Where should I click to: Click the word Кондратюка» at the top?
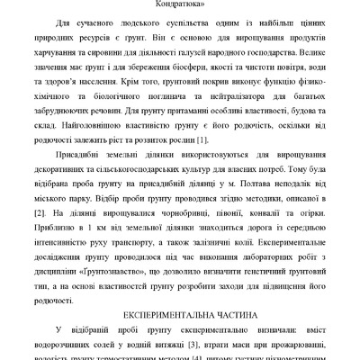pyautogui.click(x=180, y=4)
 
